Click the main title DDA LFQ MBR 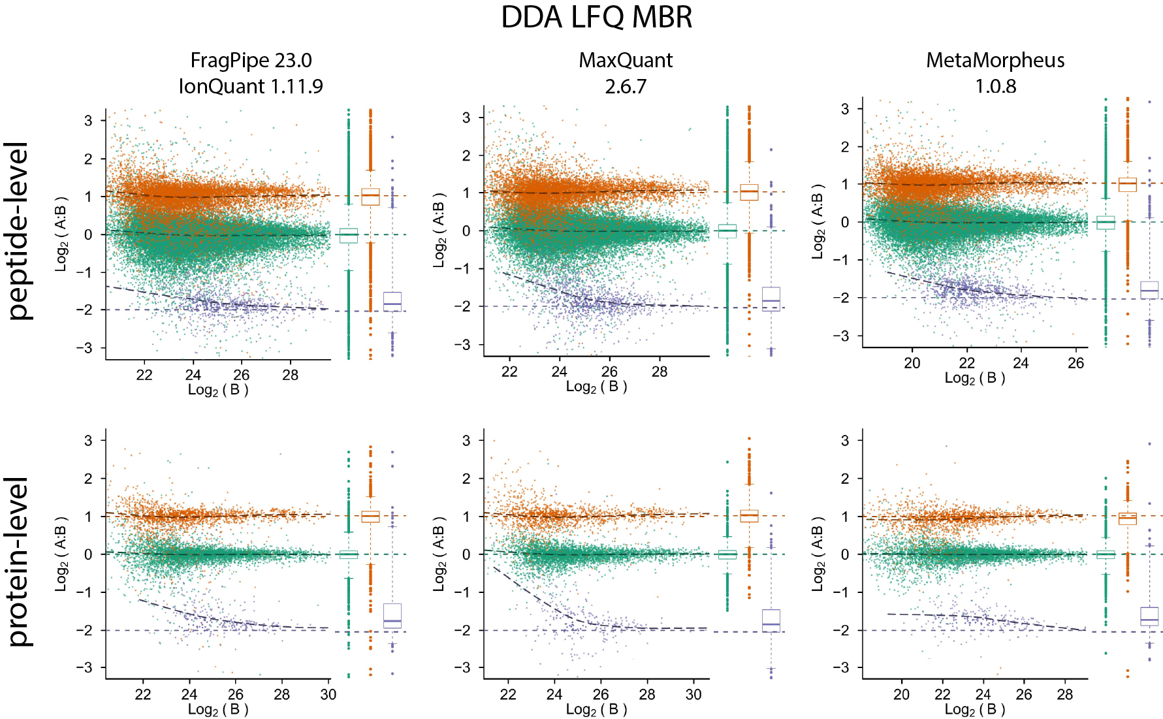[596, 18]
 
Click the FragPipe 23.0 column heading [251, 60]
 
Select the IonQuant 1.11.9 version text [251, 86]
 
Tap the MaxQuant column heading [626, 60]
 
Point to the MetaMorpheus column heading [995, 60]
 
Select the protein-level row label [20, 562]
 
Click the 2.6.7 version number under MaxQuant [626, 86]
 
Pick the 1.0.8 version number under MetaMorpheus [995, 86]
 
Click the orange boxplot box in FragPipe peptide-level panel [370, 197]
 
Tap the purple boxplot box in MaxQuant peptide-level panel [771, 299]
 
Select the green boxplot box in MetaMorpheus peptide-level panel [1105, 223]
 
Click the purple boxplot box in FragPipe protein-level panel [392, 616]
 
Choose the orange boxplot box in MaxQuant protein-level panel [749, 516]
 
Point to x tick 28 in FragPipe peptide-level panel [290, 375]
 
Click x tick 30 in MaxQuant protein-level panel [693, 694]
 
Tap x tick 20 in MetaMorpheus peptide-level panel [912, 363]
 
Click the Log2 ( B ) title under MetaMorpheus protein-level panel [974, 710]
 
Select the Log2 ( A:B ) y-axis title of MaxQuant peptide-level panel [439, 230]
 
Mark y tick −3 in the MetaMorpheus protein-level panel [845, 667]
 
